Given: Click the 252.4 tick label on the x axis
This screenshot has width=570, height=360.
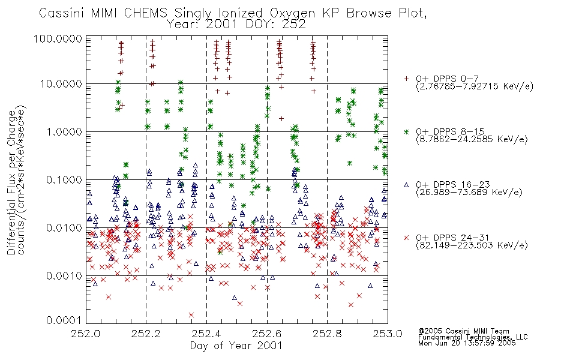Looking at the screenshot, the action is click(x=206, y=334).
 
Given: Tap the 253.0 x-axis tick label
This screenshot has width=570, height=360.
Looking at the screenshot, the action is click(x=388, y=334).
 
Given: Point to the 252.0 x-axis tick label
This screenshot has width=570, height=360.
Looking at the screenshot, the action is click(x=86, y=334).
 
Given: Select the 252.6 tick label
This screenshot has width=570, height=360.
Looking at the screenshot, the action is click(x=267, y=334).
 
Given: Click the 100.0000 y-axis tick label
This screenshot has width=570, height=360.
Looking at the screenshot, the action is click(x=58, y=38).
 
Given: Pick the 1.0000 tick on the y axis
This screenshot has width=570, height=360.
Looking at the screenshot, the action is click(x=64, y=131).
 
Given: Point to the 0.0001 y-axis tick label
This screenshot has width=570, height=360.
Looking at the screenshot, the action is click(x=64, y=320).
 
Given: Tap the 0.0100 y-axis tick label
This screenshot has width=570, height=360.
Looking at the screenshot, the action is click(x=64, y=228).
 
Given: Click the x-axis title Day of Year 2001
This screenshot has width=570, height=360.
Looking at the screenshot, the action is click(x=236, y=346).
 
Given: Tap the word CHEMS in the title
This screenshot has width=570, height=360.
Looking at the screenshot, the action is click(x=145, y=13).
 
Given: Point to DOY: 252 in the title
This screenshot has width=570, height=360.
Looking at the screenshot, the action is click(x=275, y=25).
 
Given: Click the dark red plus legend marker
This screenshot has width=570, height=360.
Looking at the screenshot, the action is click(x=406, y=79).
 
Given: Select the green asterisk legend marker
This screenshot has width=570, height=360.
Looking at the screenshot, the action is click(x=406, y=131).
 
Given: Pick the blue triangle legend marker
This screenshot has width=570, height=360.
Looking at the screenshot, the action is click(x=406, y=185).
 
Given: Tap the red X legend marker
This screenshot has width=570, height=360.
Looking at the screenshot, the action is click(x=406, y=238).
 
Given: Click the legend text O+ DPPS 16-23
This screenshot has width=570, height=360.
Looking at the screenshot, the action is click(x=453, y=185).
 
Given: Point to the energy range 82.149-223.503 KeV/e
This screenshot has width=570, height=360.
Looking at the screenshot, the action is click(x=472, y=245).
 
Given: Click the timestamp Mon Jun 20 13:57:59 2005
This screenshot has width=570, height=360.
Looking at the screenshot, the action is click(x=467, y=343).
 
